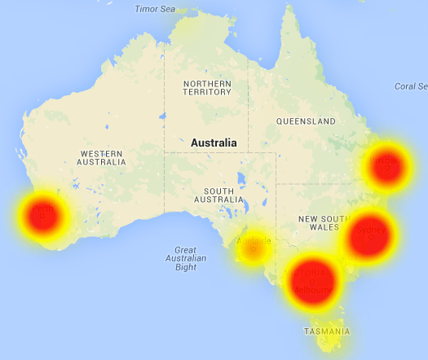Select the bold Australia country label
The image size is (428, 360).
(x=213, y=143)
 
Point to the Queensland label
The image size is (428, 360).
(x=306, y=121)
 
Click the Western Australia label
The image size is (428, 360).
(x=101, y=158)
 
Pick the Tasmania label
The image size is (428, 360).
(x=327, y=331)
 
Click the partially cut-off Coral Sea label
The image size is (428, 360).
(x=411, y=86)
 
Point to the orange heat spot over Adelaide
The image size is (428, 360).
(x=253, y=247)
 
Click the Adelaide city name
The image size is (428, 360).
(x=253, y=241)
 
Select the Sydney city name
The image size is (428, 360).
(x=371, y=230)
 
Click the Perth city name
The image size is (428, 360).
(x=42, y=209)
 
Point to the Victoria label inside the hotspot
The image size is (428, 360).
(x=312, y=271)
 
